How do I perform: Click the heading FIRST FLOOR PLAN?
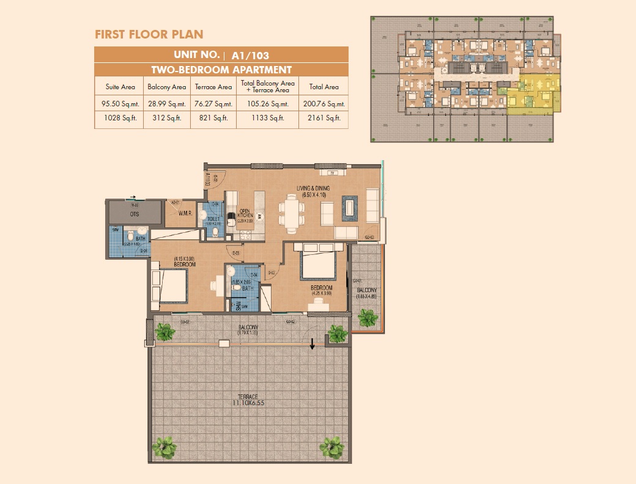tap(149, 34)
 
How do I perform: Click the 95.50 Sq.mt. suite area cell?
tap(119, 104)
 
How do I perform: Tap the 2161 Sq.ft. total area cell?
tap(324, 118)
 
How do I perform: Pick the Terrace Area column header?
tap(212, 87)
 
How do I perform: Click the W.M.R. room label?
tap(186, 213)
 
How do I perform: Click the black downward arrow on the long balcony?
tap(312, 343)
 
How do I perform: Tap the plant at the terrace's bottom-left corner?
tap(163, 447)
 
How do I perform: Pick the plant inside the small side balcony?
tap(368, 317)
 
